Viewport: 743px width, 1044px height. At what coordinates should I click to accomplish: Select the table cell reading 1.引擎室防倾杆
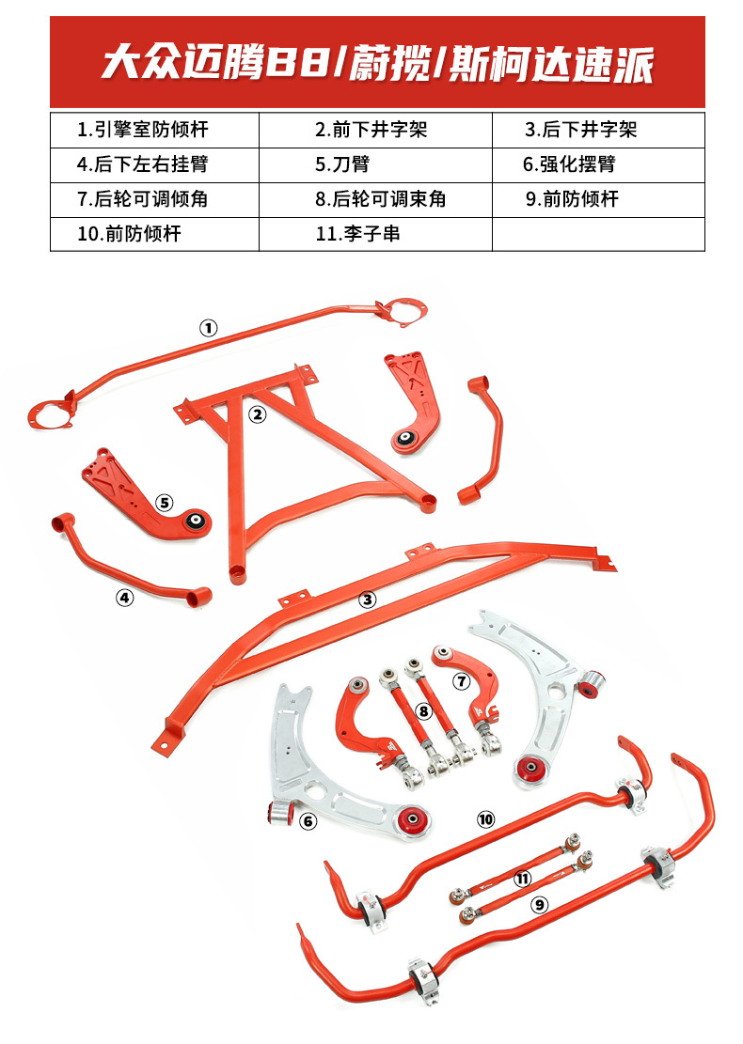[x=154, y=130]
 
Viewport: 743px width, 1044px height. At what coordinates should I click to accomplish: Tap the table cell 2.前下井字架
[x=375, y=130]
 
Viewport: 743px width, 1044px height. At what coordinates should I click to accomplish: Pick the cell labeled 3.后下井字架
[x=598, y=130]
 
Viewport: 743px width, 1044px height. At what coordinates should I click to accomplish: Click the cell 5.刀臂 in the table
[x=375, y=164]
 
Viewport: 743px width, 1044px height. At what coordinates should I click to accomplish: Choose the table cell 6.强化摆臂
[x=598, y=164]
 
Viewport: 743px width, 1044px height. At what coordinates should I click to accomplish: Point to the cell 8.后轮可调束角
[x=375, y=199]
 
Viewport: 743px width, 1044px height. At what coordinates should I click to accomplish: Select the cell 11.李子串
[x=375, y=234]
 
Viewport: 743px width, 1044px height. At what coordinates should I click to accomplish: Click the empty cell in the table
[x=598, y=234]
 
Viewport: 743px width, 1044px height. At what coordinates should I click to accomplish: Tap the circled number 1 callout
[x=208, y=328]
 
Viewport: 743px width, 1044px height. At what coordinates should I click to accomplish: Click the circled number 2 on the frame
[x=257, y=413]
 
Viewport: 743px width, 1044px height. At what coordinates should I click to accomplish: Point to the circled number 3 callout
[x=368, y=599]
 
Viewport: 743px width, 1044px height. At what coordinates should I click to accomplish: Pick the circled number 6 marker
[x=308, y=821]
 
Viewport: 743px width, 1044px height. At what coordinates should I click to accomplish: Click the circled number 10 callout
[x=485, y=819]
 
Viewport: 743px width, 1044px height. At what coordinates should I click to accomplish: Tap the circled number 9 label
[x=539, y=905]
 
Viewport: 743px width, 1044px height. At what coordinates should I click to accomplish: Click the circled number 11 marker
[x=523, y=879]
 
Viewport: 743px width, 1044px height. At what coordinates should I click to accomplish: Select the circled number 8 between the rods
[x=424, y=711]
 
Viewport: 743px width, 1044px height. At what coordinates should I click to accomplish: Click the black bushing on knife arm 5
[x=197, y=520]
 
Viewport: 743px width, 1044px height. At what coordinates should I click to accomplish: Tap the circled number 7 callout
[x=461, y=679]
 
